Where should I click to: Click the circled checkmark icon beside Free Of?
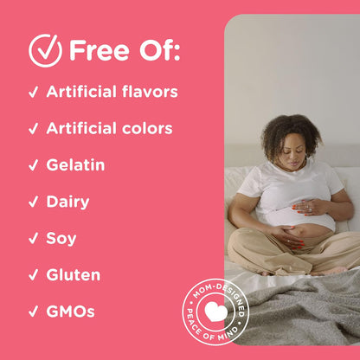click(45, 50)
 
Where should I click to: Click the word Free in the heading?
click(98, 50)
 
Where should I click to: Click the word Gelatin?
click(75, 164)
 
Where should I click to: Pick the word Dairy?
click(67, 202)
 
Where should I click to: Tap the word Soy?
click(61, 238)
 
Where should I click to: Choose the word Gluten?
click(73, 275)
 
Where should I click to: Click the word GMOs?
click(70, 312)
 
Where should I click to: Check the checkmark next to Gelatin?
click(33, 165)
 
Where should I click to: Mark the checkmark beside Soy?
click(33, 239)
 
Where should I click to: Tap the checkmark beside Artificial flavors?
click(33, 92)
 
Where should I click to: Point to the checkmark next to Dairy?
click(33, 202)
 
